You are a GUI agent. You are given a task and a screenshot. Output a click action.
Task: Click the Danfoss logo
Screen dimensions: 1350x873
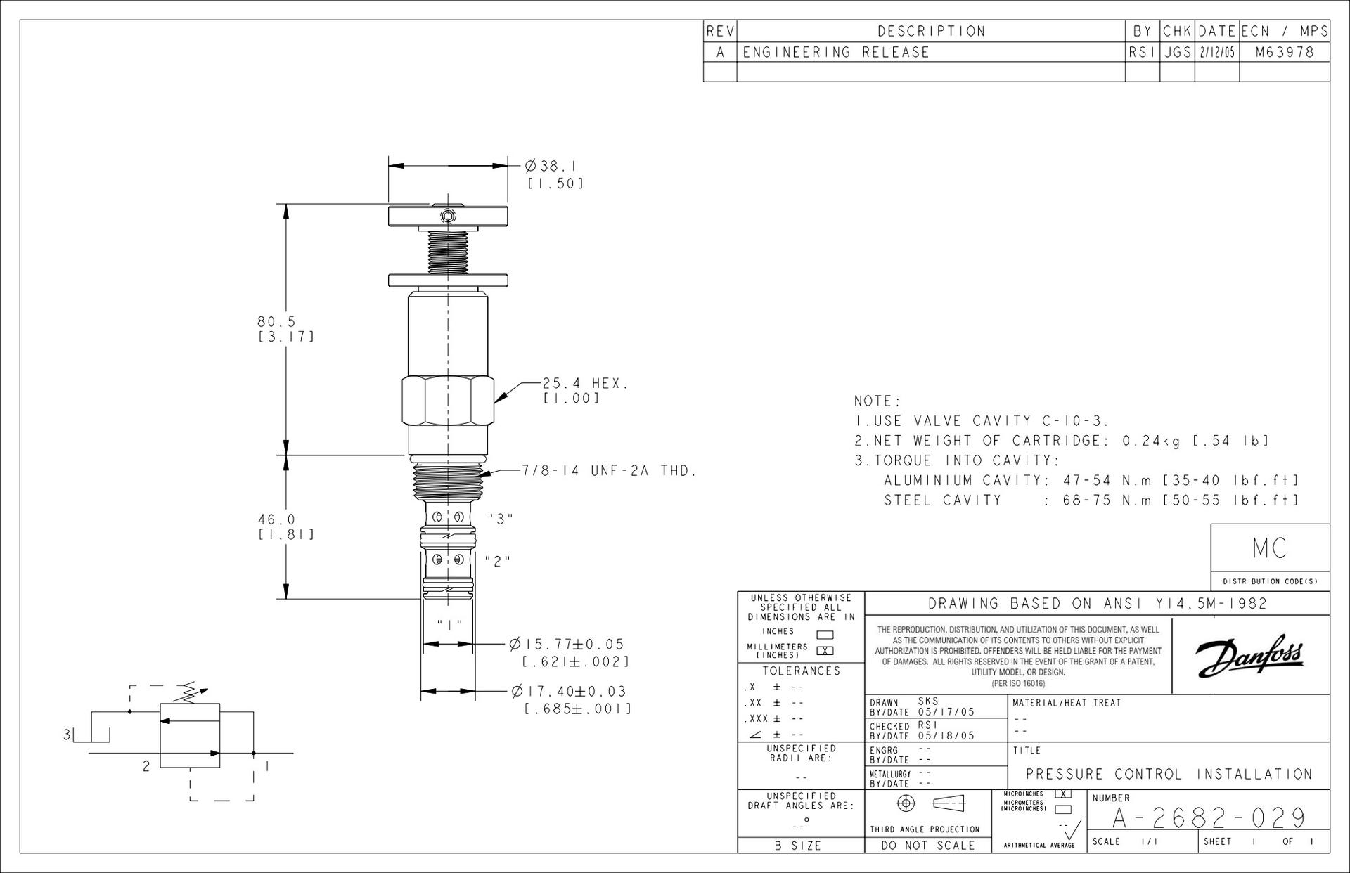point(1249,656)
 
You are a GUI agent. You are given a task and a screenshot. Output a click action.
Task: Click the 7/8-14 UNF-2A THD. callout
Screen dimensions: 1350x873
point(609,471)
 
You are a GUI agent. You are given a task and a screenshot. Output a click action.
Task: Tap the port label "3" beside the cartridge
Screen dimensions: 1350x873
point(500,519)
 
